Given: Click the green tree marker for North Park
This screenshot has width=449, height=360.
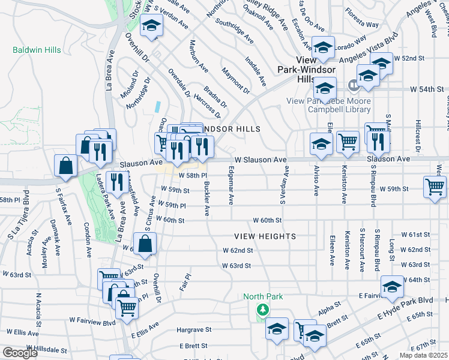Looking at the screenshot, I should point(262,310).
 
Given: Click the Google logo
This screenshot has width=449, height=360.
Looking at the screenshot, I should point(20,353).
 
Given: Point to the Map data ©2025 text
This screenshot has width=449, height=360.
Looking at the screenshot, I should point(423,355).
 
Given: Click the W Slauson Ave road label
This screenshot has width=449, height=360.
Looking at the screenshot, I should point(261,160).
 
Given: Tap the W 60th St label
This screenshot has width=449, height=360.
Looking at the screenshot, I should point(267,221).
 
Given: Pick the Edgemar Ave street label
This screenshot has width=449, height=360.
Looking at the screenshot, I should point(231,185).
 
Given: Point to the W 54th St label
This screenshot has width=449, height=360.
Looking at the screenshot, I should point(427,89).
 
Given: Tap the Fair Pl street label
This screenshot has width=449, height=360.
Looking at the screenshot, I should point(187,284).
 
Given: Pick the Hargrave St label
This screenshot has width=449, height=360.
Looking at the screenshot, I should point(191,329).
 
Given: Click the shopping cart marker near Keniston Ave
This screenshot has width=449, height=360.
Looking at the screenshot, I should point(348,142).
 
